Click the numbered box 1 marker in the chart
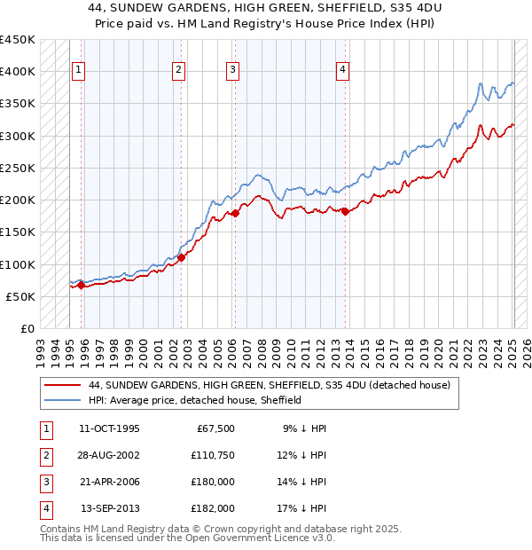click(x=78, y=71)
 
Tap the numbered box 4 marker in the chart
click(x=342, y=71)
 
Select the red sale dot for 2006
click(x=236, y=213)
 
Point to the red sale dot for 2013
click(x=345, y=211)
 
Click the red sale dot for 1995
click(x=81, y=286)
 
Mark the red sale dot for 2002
click(x=181, y=257)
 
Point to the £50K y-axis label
click(x=21, y=296)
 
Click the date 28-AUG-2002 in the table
click(x=109, y=455)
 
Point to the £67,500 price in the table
click(x=213, y=428)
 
